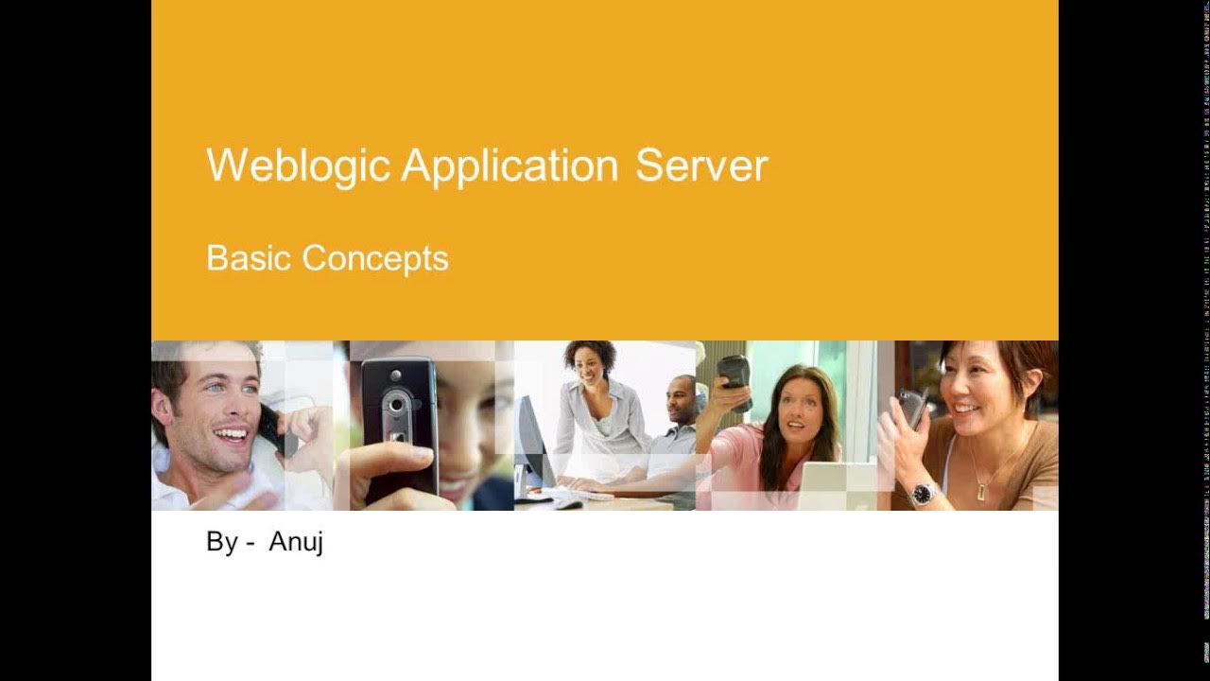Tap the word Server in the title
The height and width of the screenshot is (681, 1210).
click(x=700, y=166)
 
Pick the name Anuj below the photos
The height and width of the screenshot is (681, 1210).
click(x=295, y=542)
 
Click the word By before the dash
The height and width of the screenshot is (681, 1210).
click(x=222, y=542)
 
